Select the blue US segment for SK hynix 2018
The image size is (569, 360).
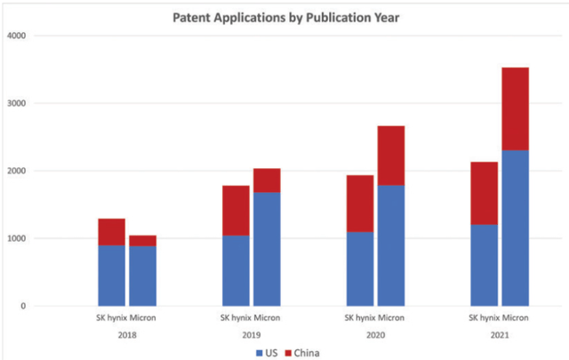point(111,276)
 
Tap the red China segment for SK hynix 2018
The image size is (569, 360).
point(111,231)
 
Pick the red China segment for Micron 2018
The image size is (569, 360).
point(142,240)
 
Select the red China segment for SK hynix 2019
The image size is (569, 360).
point(236,210)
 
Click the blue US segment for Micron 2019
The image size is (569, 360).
point(267,249)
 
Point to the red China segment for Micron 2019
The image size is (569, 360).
point(267,180)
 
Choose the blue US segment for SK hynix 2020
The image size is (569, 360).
point(360,268)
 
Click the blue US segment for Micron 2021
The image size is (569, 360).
point(516,228)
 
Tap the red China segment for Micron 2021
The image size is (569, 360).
point(516,108)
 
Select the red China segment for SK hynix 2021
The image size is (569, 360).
point(485,193)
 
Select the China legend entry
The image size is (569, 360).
point(303,352)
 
